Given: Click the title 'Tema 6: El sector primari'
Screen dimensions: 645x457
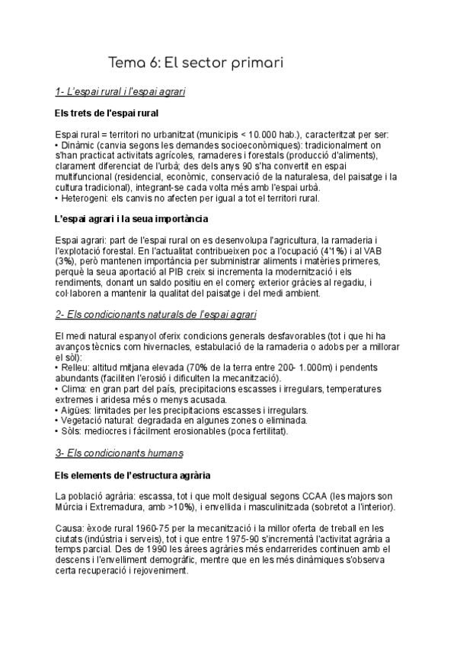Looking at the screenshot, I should point(196,62).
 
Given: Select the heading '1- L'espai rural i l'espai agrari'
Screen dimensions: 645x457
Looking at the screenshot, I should point(121,92).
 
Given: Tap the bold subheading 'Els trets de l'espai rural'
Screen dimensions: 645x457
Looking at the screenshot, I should point(107,113).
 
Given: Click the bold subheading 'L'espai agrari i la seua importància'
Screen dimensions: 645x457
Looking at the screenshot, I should point(131,219).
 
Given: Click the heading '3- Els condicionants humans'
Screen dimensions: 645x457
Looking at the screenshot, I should point(119,453).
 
